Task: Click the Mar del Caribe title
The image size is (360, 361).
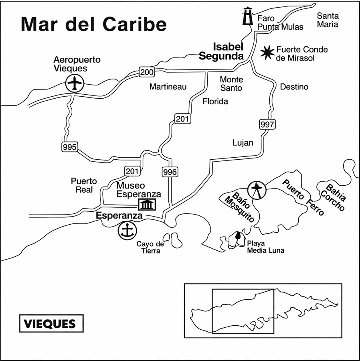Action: pyautogui.click(x=93, y=24)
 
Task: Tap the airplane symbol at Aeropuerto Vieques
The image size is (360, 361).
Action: pyautogui.click(x=75, y=83)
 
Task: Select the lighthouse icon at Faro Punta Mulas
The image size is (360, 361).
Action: pyautogui.click(x=249, y=16)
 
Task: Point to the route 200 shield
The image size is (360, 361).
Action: pyautogui.click(x=147, y=72)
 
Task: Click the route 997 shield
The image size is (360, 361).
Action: pyautogui.click(x=267, y=124)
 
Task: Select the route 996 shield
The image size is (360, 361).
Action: pyautogui.click(x=170, y=172)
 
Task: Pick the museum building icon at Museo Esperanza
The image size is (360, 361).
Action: pyautogui.click(x=147, y=204)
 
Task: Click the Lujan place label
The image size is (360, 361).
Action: pyautogui.click(x=243, y=143)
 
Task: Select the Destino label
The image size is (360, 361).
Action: pyautogui.click(x=294, y=87)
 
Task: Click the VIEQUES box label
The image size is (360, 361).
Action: pyautogui.click(x=51, y=323)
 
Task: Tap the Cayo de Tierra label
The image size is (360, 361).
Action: pyautogui.click(x=150, y=247)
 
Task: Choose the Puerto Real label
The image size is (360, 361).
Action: pyautogui.click(x=84, y=185)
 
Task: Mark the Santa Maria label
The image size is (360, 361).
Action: pyautogui.click(x=328, y=20)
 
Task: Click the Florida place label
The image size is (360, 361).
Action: pyautogui.click(x=215, y=101)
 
